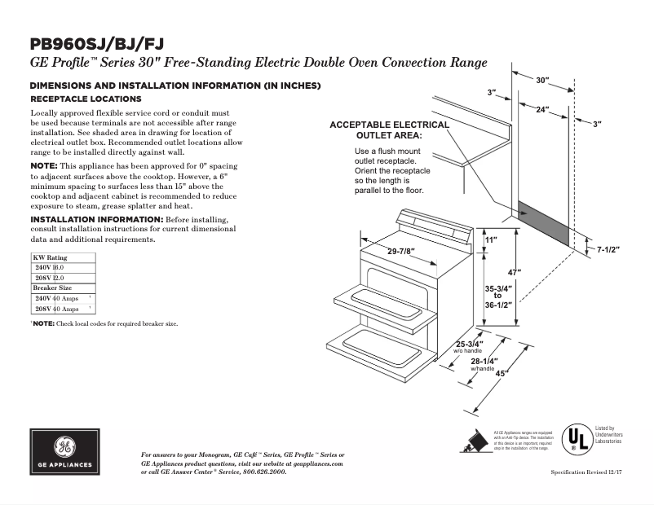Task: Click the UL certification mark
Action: click(x=579, y=439)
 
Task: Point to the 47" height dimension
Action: click(x=514, y=271)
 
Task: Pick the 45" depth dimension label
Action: click(x=502, y=373)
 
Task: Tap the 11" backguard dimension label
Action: click(x=490, y=240)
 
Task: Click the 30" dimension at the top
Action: click(x=543, y=80)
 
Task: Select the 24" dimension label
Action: click(x=541, y=108)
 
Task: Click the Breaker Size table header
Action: click(x=51, y=288)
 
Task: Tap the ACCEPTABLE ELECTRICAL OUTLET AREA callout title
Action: click(x=388, y=130)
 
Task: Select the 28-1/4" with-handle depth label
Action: click(x=484, y=362)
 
